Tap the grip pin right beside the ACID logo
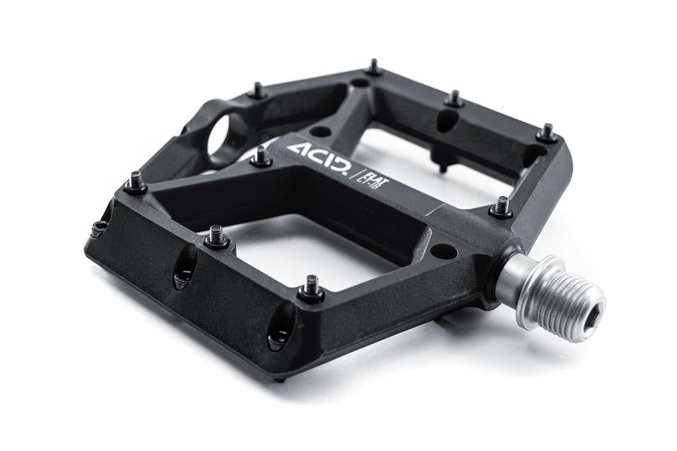click(x=260, y=157)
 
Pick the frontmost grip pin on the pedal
click(x=311, y=288)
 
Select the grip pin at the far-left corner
click(x=135, y=182)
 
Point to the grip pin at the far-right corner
click(x=547, y=134)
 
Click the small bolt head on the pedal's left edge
click(x=98, y=228)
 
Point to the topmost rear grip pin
click(x=374, y=68)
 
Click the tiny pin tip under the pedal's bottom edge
click(x=282, y=379)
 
